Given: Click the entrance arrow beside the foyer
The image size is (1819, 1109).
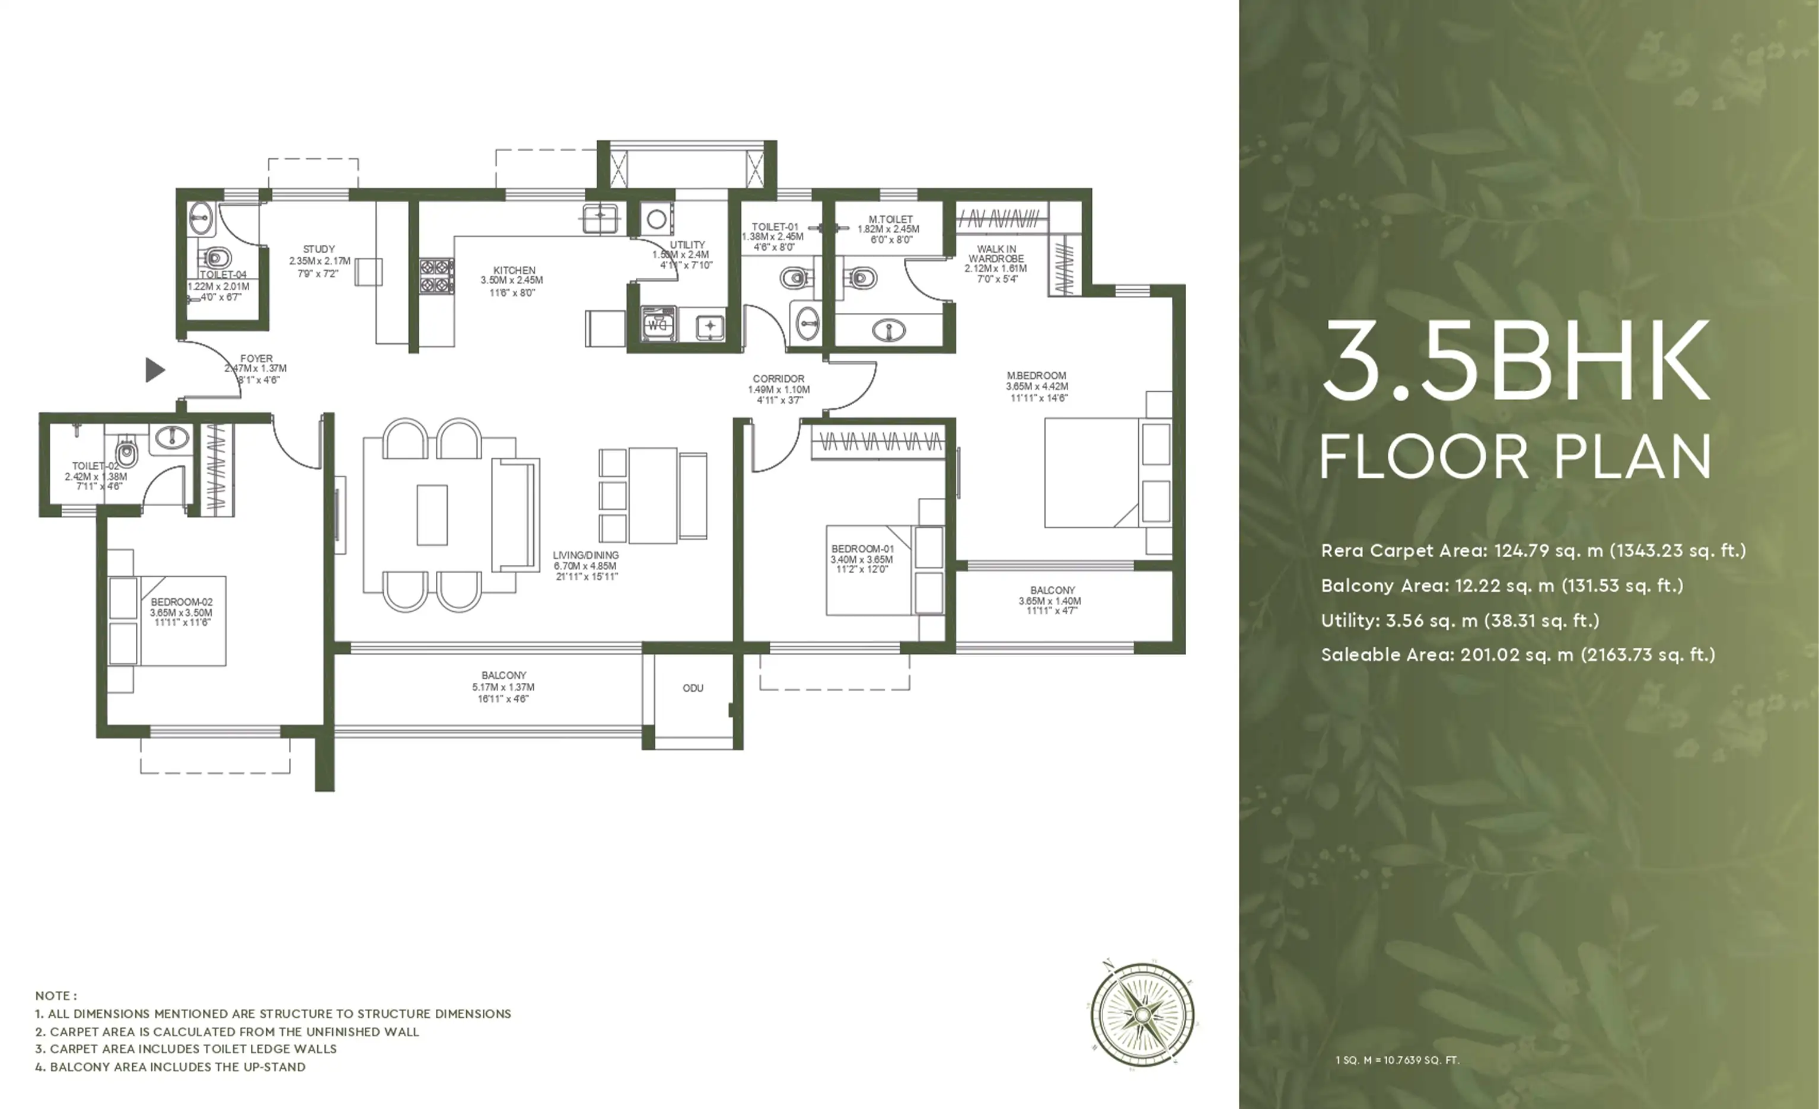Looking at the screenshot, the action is click(x=154, y=370).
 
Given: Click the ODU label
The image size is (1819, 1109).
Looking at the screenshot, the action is click(x=693, y=688).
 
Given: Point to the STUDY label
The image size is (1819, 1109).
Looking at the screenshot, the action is click(x=319, y=250).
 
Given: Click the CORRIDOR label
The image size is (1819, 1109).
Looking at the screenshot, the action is click(x=779, y=379).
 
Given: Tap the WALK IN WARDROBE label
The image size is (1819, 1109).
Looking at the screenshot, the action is click(x=996, y=254).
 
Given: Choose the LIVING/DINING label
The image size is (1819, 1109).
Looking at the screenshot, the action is click(x=585, y=555).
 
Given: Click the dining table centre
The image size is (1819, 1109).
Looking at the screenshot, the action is click(x=432, y=515).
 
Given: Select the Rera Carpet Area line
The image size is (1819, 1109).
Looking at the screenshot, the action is click(x=1533, y=551).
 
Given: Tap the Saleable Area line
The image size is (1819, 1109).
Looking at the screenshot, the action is click(x=1518, y=654).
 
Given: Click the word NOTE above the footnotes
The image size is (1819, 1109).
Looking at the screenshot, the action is click(x=55, y=995).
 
